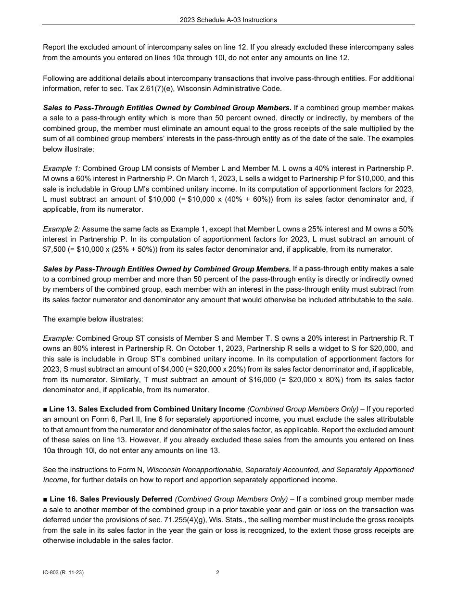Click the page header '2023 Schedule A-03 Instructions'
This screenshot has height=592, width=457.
[228, 20]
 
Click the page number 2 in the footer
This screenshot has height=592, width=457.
[217, 572]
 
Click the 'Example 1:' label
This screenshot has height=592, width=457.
[62, 168]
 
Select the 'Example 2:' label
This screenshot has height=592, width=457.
[62, 229]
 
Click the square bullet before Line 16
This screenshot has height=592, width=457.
[45, 499]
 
